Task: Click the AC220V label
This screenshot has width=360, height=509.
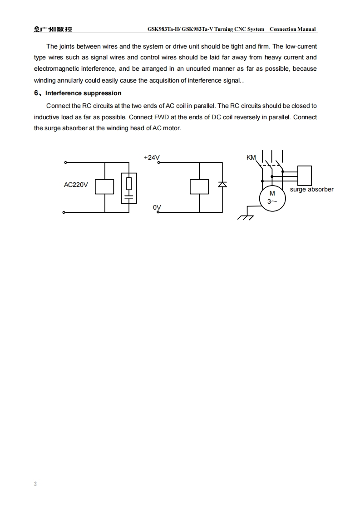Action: pyautogui.click(x=76, y=185)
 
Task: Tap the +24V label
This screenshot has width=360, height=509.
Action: pyautogui.click(x=152, y=157)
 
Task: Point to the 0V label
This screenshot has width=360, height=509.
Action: pyautogui.click(x=157, y=207)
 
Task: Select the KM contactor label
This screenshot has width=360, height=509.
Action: pyautogui.click(x=251, y=157)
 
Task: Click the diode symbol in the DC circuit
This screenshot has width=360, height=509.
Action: pyautogui.click(x=222, y=184)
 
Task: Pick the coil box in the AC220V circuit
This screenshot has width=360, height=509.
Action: pyautogui.click(x=104, y=186)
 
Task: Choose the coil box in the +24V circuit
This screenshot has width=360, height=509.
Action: pyautogui.click(x=199, y=186)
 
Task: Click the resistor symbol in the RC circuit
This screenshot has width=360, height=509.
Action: pyautogui.click(x=129, y=183)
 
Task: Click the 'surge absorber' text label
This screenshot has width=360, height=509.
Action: pyautogui.click(x=311, y=189)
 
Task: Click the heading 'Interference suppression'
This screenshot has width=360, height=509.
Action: pyautogui.click(x=83, y=93)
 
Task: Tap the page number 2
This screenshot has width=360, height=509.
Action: pyautogui.click(x=35, y=484)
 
